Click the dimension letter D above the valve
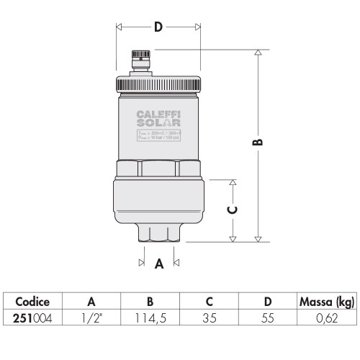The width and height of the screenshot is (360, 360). (x=158, y=28)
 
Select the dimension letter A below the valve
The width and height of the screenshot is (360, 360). (x=159, y=264)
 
